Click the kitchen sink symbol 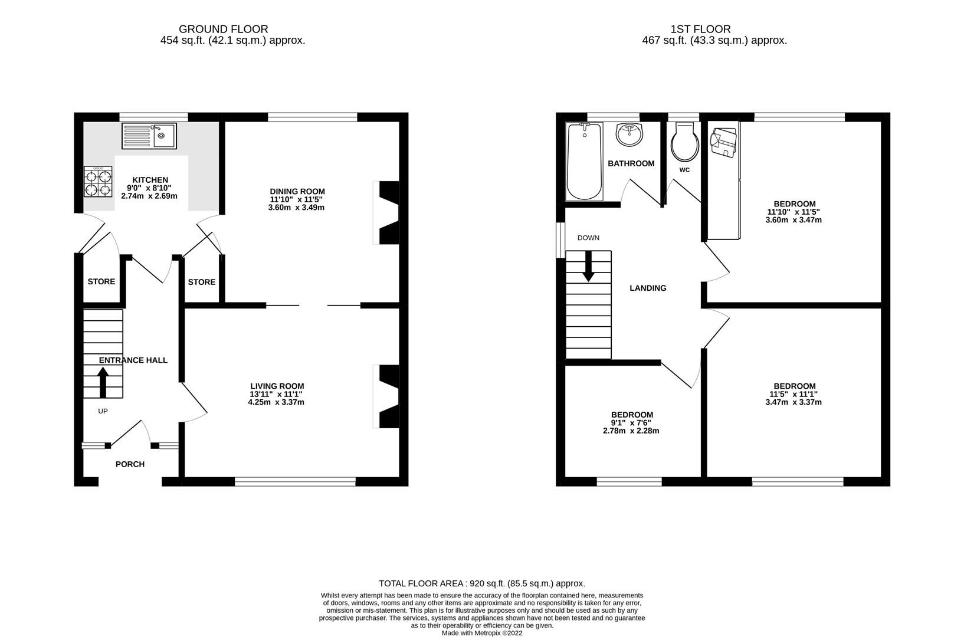pos(149,136)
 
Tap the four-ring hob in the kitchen pos(98,182)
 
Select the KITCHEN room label pos(150,180)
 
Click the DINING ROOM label pos(297,191)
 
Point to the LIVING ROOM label pos(277,386)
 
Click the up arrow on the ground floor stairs pos(103,382)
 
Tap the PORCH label pos(130,464)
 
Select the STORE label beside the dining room pos(202,282)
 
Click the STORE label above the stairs pos(101,281)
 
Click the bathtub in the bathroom pos(584,162)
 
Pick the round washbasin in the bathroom pos(630,134)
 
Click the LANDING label pos(648,288)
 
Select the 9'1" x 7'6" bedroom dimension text pos(631,423)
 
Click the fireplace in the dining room pos(387,212)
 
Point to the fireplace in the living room pos(387,396)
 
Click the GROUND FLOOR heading pos(223,29)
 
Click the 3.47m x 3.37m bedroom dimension pos(794,402)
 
